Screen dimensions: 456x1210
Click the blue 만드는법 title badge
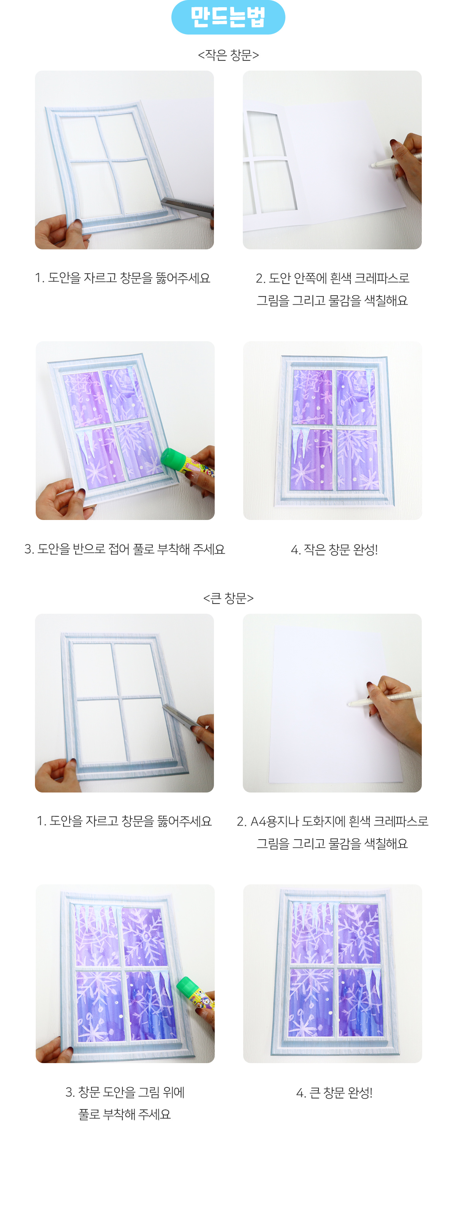(x=228, y=17)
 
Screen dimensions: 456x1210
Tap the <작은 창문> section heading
(x=228, y=55)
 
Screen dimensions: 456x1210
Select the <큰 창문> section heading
(x=228, y=598)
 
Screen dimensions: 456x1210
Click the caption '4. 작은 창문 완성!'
(x=334, y=549)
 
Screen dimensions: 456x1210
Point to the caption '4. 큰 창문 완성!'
(x=334, y=1093)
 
